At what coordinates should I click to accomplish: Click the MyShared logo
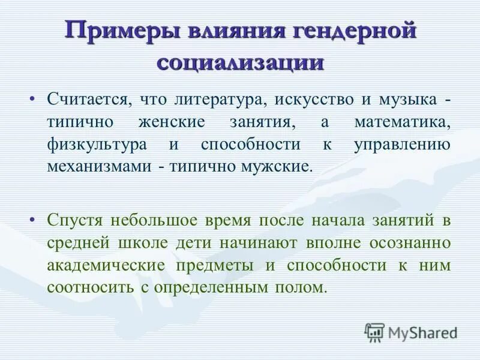[x=411, y=331]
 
